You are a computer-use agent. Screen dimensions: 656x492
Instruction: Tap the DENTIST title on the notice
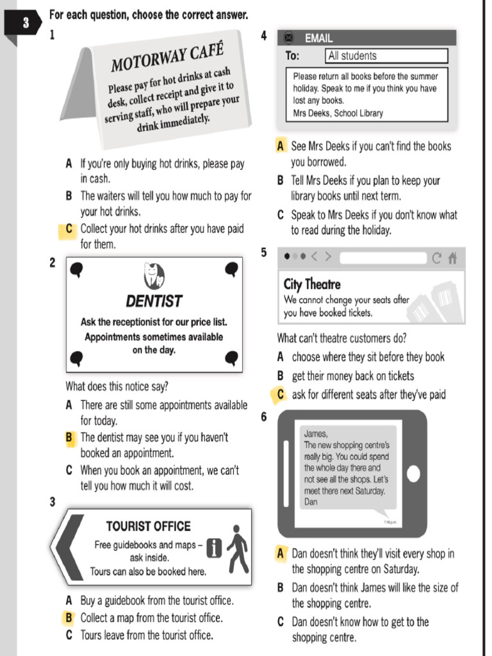[x=154, y=301]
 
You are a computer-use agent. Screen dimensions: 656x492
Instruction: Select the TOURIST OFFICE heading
[x=148, y=527]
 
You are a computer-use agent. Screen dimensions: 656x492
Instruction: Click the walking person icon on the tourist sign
[x=238, y=549]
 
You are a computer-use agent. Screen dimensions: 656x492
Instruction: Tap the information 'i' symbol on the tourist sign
[x=215, y=548]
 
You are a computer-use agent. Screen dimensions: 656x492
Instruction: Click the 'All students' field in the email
[x=386, y=56]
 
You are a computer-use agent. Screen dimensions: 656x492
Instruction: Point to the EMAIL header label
[x=318, y=38]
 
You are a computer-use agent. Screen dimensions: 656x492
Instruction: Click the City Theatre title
[x=312, y=284]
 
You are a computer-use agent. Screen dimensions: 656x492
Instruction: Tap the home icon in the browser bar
[x=453, y=258]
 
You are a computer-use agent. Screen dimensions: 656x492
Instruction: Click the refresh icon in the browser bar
[x=436, y=258]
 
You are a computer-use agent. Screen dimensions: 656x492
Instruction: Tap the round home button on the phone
[x=414, y=473]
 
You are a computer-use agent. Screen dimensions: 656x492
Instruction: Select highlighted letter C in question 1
[x=69, y=229]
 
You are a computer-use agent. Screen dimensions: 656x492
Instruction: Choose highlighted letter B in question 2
[x=69, y=438]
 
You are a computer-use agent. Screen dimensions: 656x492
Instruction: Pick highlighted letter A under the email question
[x=281, y=146]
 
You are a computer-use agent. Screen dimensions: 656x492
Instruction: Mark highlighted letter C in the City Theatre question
[x=281, y=395]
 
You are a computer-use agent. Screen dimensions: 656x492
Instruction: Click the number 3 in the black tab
[x=26, y=24]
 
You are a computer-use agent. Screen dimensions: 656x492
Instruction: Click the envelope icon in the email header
[x=288, y=38]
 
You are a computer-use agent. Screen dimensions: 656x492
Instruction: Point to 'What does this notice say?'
[x=117, y=386]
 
